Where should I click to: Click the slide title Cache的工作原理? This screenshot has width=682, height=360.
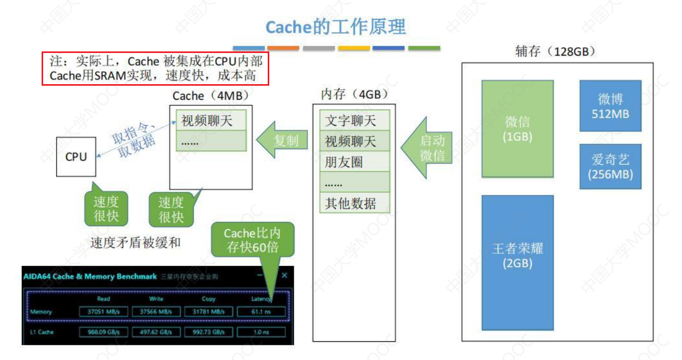[x=335, y=27]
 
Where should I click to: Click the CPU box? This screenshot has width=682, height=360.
[x=76, y=156]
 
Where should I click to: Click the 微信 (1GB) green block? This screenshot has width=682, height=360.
[x=517, y=129]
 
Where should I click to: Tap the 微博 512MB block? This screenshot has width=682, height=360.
[x=610, y=106]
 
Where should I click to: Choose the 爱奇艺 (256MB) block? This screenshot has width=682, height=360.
[x=610, y=167]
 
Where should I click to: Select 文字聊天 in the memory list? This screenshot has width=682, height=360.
[x=353, y=121]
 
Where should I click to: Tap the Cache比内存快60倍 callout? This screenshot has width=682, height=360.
[x=252, y=240]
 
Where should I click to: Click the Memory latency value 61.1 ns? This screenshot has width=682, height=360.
[x=261, y=312]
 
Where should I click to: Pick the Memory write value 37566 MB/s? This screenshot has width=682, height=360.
[x=156, y=312]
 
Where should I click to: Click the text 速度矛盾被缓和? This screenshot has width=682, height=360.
[x=135, y=242]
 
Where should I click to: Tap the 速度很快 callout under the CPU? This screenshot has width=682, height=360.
[x=106, y=208]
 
